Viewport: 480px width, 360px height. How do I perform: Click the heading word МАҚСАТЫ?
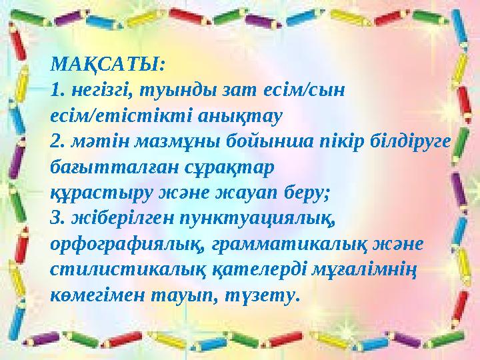point(106,67)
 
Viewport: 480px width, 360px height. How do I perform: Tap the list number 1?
point(56,91)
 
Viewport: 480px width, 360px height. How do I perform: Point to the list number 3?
point(56,218)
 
